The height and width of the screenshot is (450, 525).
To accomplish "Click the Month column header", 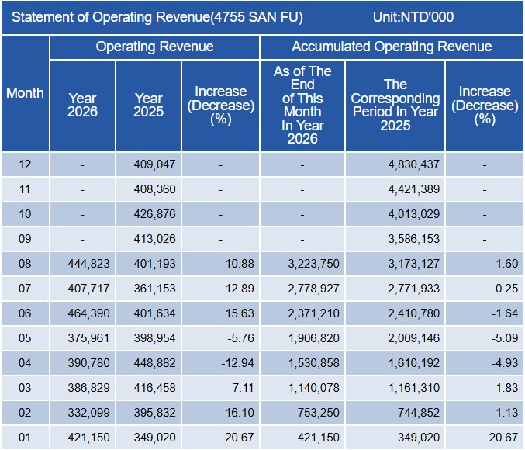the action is [x=25, y=93].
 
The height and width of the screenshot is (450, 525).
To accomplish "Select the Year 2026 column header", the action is [x=82, y=105].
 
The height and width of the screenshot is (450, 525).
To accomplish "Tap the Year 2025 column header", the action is [x=148, y=105].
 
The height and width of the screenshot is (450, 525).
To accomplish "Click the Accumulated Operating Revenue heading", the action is [x=392, y=47].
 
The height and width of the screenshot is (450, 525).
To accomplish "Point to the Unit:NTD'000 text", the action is [x=413, y=17].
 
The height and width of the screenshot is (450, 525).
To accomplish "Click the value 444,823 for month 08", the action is [x=88, y=264].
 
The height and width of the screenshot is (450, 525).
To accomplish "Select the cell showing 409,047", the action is [x=154, y=164].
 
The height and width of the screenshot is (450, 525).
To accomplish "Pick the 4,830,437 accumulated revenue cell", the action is [x=414, y=164].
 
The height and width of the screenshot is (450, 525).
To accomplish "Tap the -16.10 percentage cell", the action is [x=238, y=413].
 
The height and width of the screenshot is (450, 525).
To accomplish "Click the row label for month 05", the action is [x=25, y=338].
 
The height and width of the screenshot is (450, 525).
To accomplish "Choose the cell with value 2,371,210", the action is [x=314, y=313].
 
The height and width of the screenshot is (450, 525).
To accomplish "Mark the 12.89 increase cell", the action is [x=240, y=289].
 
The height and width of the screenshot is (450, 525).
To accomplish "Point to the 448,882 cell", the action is [x=154, y=363].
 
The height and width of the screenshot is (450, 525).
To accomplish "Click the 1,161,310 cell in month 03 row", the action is [x=414, y=388].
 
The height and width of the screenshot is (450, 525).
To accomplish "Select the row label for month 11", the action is [x=25, y=189].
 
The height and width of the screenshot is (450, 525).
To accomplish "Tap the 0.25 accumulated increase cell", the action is [x=507, y=289].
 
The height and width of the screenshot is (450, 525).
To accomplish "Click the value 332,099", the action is [x=88, y=413].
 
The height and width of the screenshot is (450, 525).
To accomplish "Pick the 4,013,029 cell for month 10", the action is [x=414, y=214].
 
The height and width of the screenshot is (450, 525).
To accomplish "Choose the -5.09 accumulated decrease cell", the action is [x=505, y=338].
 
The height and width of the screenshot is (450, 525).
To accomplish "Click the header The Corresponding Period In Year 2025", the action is [x=395, y=105].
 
